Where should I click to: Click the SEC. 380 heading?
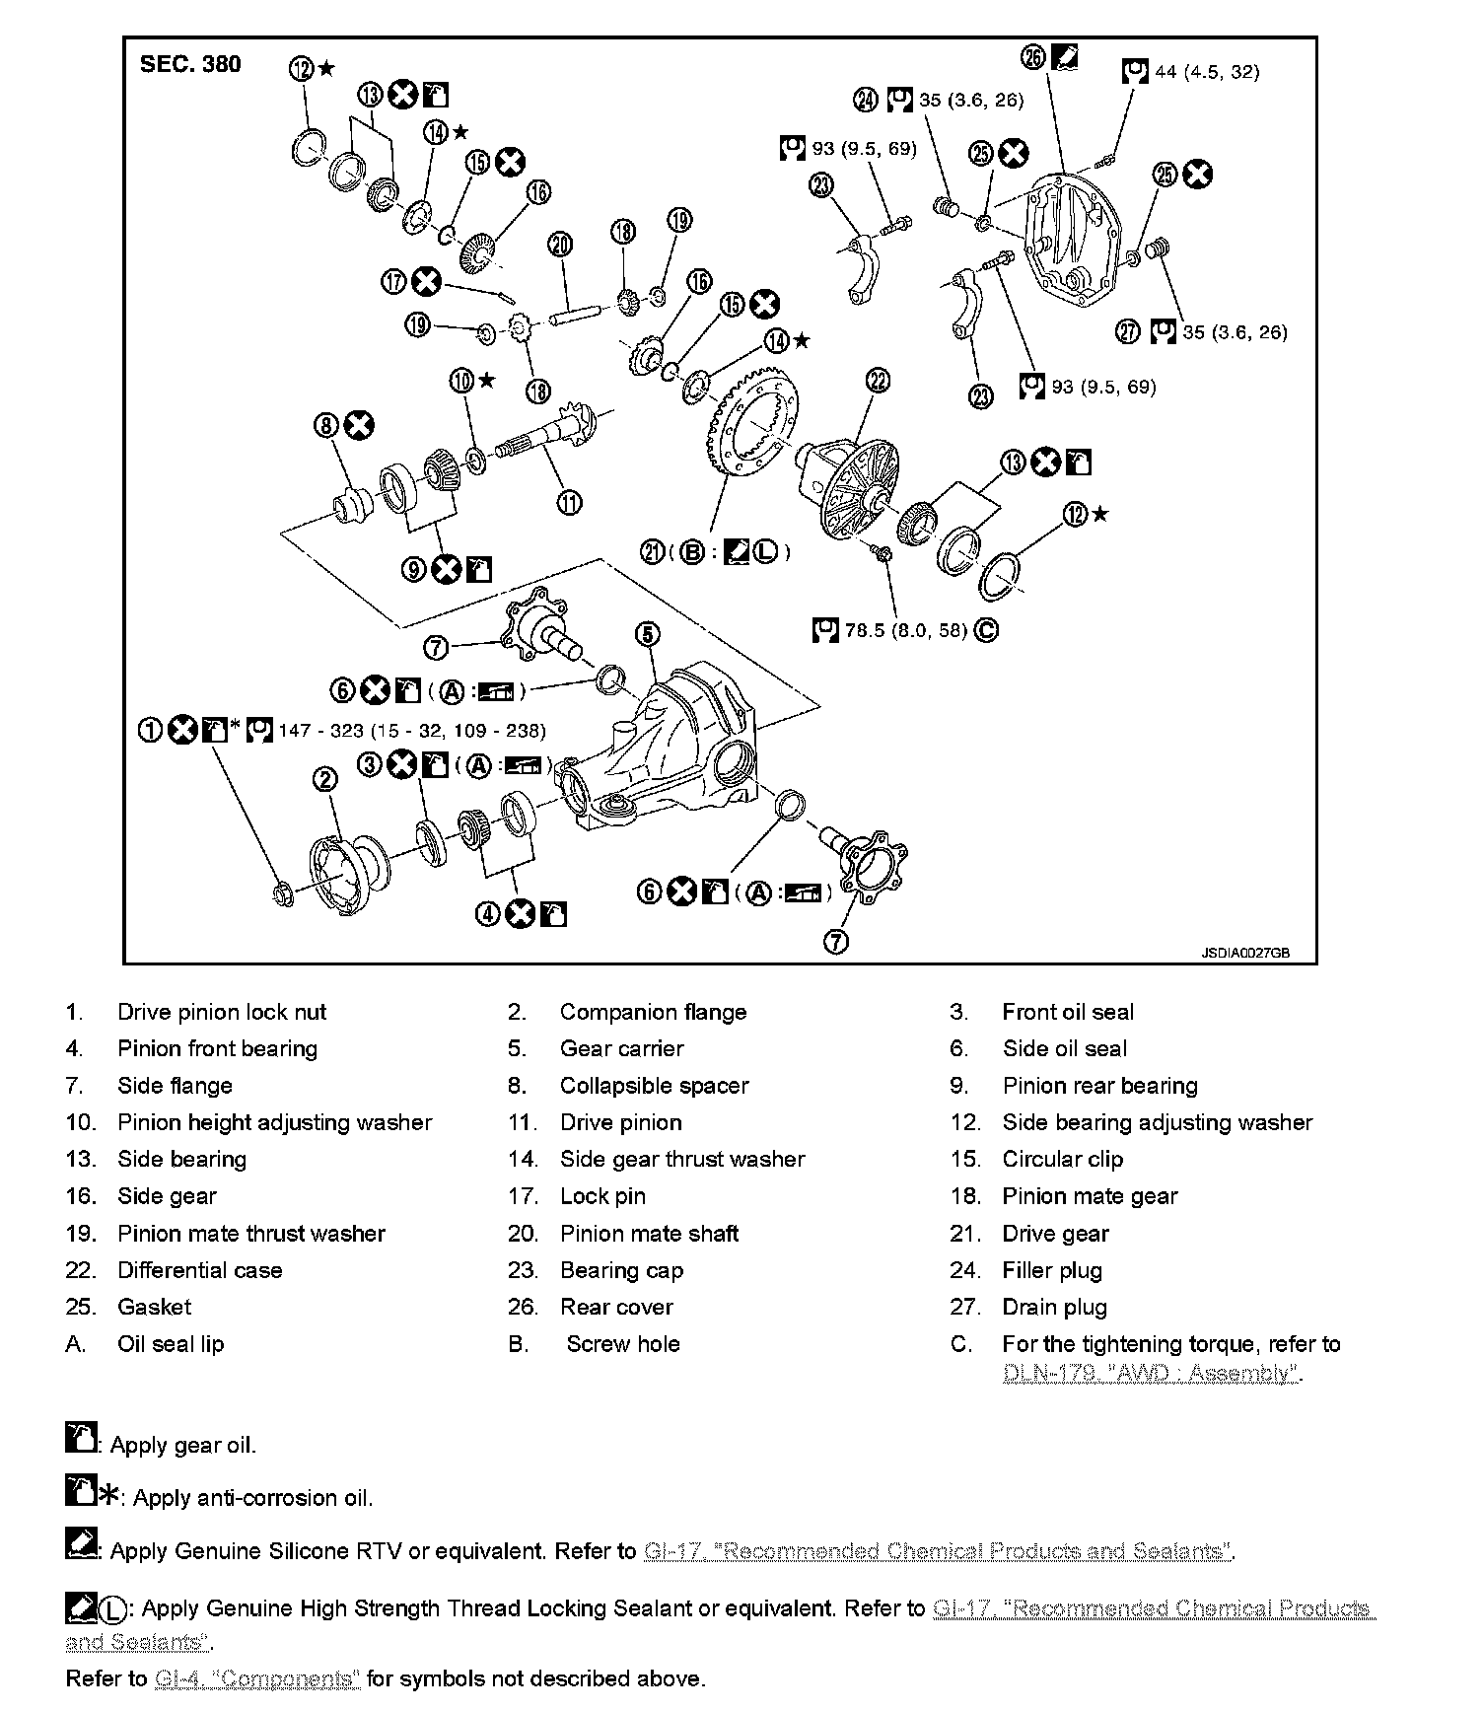click(190, 64)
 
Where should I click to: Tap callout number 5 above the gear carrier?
click(647, 634)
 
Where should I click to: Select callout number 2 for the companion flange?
click(324, 780)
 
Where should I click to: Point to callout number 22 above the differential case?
click(877, 381)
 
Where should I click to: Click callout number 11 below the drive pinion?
click(569, 503)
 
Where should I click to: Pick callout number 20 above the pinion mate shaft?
click(560, 244)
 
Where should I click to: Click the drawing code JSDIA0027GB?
click(1244, 954)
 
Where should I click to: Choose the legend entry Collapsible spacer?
click(654, 1086)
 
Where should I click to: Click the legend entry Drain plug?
click(1054, 1307)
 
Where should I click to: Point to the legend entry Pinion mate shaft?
click(649, 1233)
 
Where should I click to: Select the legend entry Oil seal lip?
click(171, 1343)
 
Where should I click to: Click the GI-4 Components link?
click(257, 1678)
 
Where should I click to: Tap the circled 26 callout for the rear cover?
click(1033, 57)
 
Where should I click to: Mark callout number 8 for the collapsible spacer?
click(326, 426)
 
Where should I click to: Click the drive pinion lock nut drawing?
click(281, 893)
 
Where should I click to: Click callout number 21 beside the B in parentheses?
click(653, 552)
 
